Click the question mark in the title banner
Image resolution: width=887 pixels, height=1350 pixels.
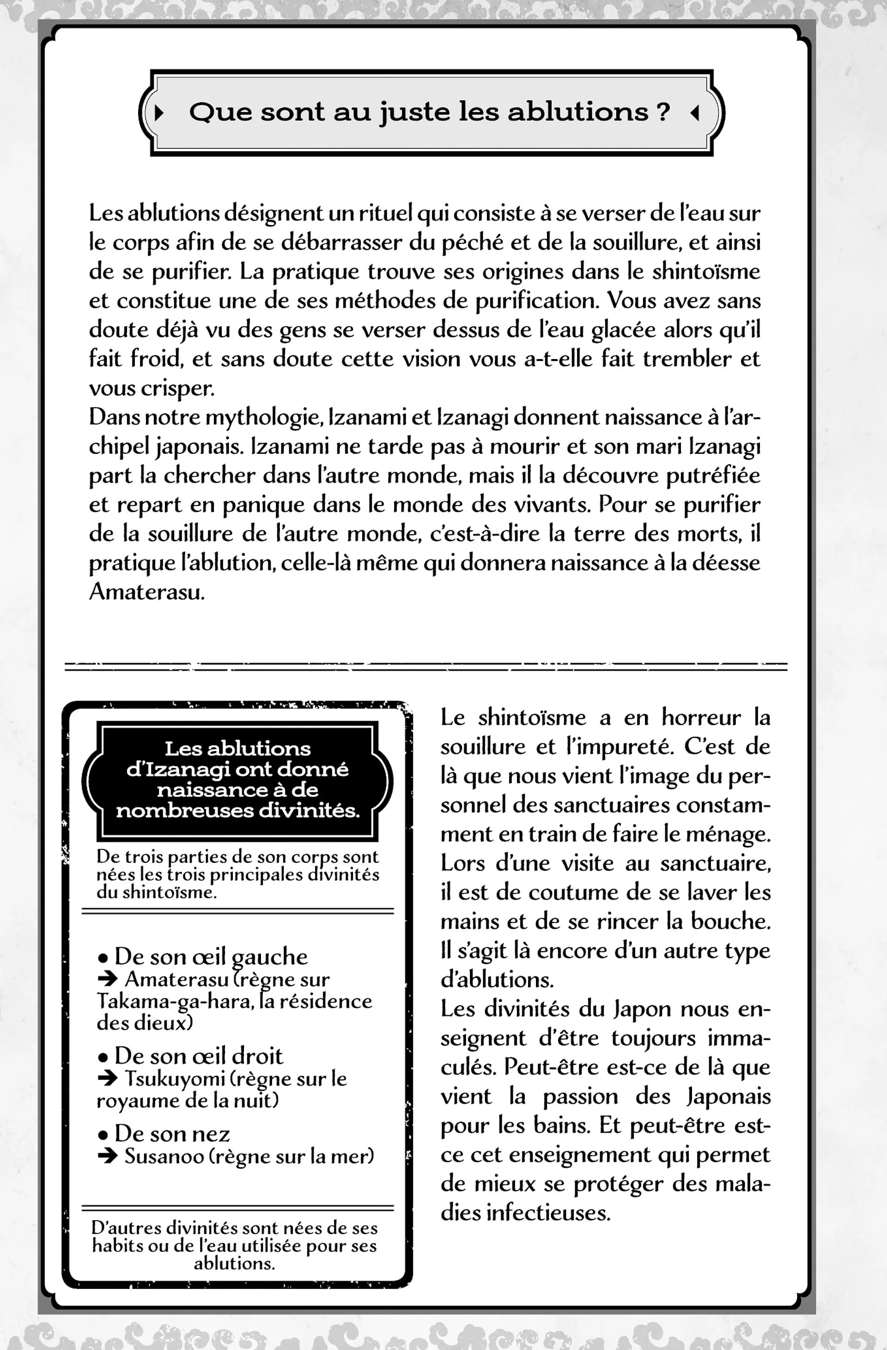tap(662, 112)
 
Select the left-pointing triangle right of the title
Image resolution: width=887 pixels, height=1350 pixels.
tap(693, 113)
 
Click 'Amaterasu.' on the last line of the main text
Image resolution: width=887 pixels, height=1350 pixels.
tap(147, 592)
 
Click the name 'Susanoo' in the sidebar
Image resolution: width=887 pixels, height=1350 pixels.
tap(162, 1156)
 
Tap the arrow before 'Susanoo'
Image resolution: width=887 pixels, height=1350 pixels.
tap(107, 1156)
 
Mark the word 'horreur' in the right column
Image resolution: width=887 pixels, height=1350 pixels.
tap(701, 718)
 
